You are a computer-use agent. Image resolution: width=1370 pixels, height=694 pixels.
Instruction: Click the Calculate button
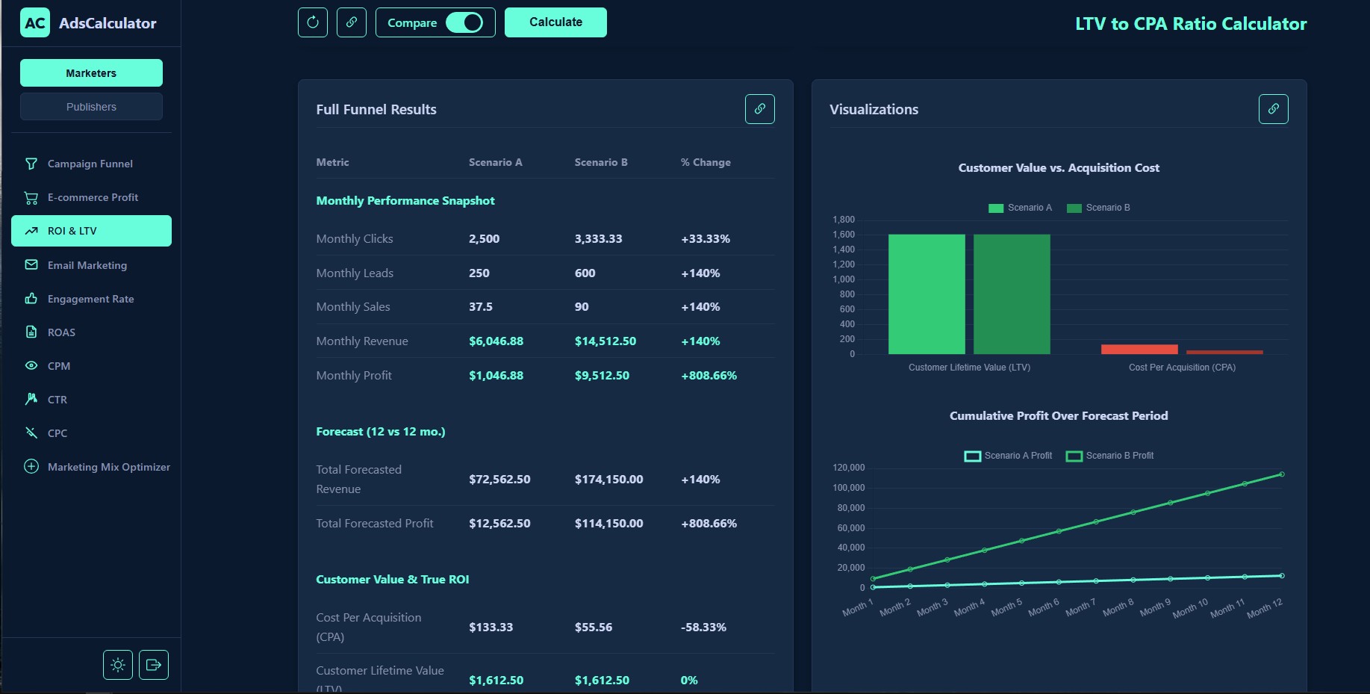pos(555,22)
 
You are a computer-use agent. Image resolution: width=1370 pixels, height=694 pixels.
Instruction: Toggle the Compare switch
pos(464,22)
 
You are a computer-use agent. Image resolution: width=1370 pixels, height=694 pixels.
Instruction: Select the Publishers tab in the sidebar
pos(91,107)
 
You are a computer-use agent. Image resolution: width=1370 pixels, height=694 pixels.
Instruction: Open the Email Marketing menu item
pos(87,265)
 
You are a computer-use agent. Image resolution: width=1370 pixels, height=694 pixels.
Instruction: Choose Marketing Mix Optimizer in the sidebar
pos(108,467)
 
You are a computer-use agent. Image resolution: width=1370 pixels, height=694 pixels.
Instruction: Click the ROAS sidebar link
pos(61,332)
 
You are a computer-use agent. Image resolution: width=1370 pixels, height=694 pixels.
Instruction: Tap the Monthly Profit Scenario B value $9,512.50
pos(602,376)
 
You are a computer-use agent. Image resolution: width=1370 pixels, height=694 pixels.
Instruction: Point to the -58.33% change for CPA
pos(703,628)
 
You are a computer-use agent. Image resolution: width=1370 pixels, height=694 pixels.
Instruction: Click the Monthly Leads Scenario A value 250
pos(479,273)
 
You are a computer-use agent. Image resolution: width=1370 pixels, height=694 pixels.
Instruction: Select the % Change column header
pos(706,162)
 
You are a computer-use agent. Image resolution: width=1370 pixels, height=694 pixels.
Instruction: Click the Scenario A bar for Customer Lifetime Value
pos(927,294)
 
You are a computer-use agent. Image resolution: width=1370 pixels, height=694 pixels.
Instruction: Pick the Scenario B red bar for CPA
pos(1224,352)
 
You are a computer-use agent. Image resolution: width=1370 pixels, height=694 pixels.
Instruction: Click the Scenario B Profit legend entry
pos(1110,456)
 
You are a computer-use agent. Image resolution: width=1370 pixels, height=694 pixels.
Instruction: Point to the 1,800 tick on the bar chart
pos(844,220)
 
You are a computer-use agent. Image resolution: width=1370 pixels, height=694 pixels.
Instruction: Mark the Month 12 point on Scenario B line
pos(1282,474)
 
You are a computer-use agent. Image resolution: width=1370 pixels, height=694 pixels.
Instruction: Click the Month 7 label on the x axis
pos(1080,608)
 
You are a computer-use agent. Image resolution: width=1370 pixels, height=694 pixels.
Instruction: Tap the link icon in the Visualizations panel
pos(1273,109)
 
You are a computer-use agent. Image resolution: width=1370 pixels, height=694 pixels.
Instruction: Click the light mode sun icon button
pos(118,665)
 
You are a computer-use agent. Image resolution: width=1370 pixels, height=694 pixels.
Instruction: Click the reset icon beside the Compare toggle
pos(313,22)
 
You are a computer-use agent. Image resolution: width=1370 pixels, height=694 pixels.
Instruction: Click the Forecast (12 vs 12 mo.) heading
pos(380,432)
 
